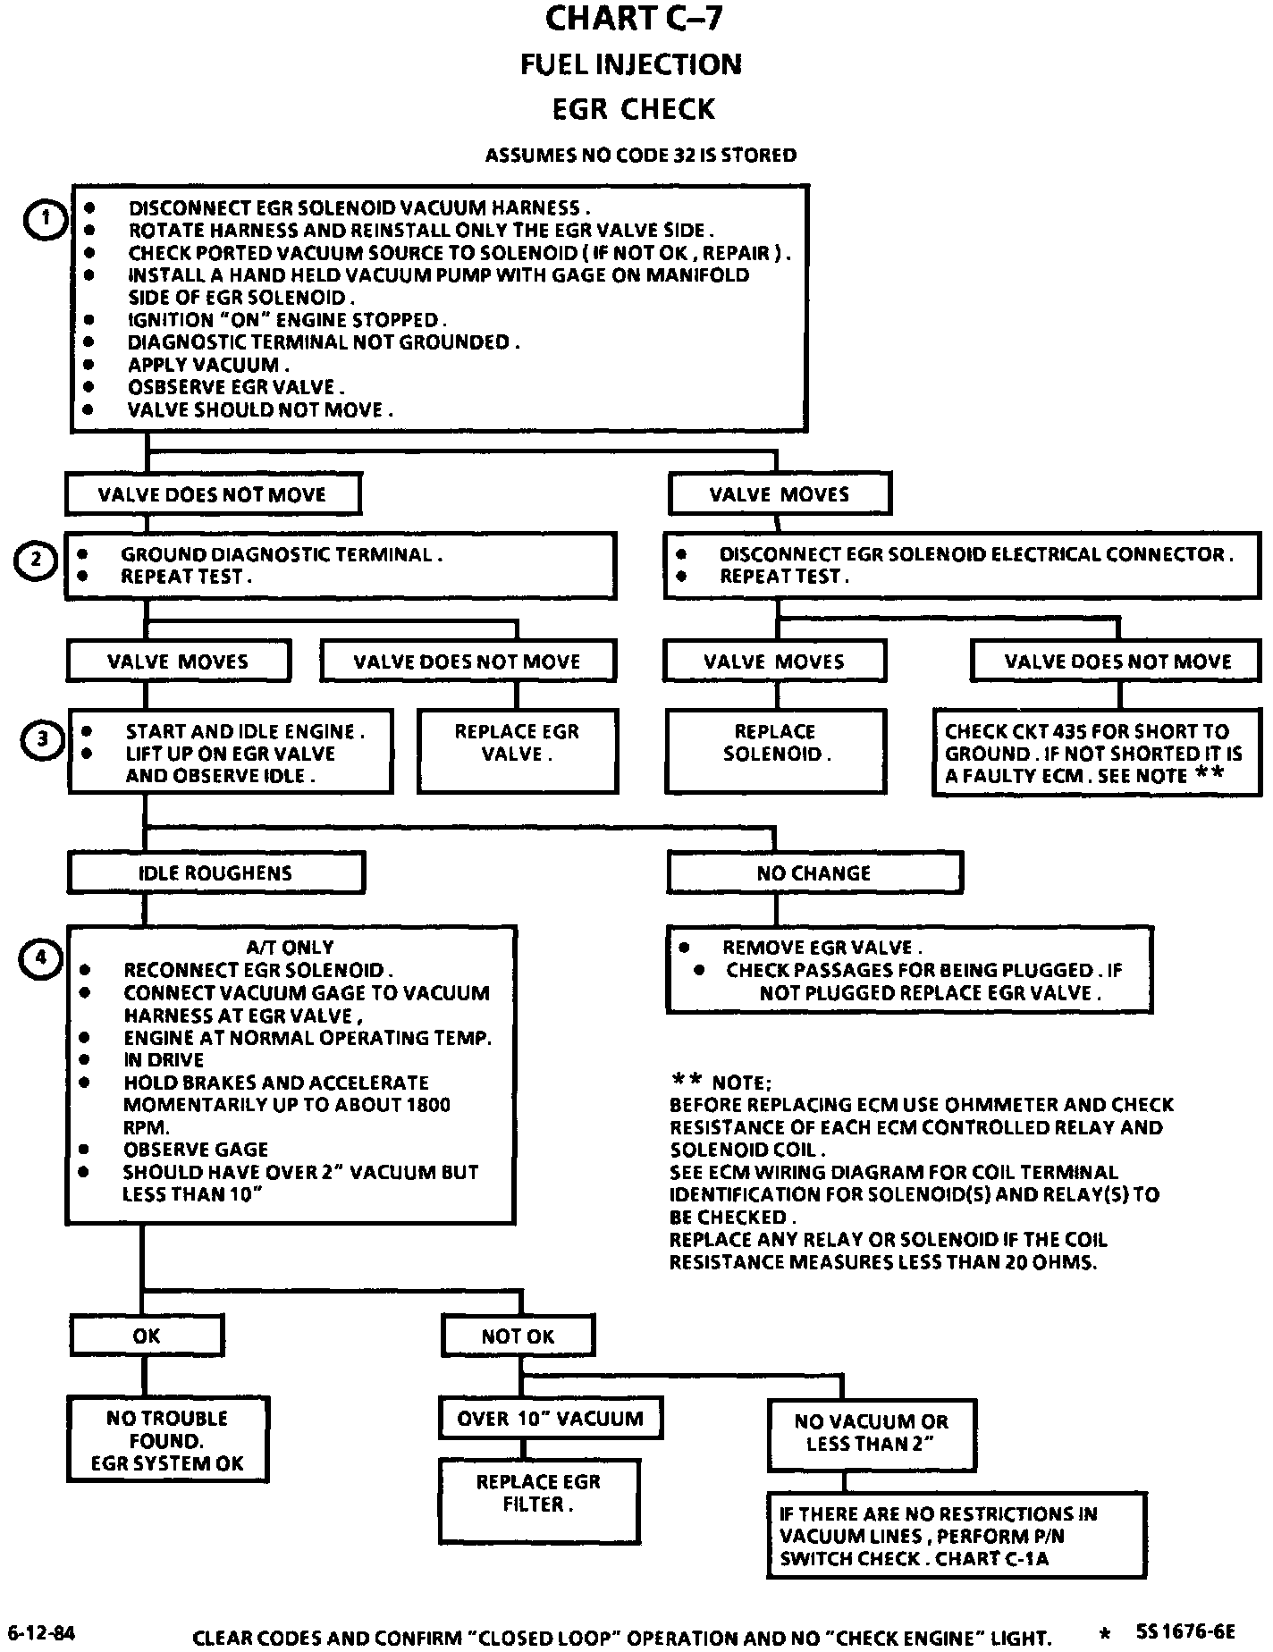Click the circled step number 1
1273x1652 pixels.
[45, 221]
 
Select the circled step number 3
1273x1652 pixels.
[42, 739]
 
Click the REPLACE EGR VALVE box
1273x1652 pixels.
[518, 751]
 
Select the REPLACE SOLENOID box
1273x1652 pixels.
[775, 751]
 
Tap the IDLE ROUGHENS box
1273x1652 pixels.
[215, 872]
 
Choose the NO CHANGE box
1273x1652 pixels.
[814, 872]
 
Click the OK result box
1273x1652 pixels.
[147, 1336]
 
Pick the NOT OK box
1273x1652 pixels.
[518, 1336]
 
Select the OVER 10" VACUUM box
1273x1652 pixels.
[550, 1419]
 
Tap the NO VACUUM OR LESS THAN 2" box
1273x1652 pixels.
[871, 1433]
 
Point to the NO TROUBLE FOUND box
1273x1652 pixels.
[168, 1440]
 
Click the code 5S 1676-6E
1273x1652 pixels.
[1185, 1632]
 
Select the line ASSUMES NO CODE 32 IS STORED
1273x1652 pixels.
[640, 156]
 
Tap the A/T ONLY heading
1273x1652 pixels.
[290, 948]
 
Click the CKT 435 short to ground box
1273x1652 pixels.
[1097, 753]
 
